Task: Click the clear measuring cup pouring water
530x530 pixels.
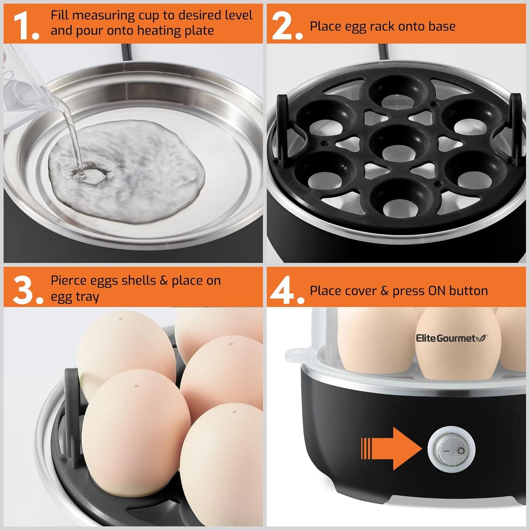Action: click(x=28, y=92)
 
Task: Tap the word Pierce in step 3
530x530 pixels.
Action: click(x=69, y=281)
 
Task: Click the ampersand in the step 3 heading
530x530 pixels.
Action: click(x=163, y=281)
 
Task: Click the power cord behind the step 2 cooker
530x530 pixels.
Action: click(x=383, y=53)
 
